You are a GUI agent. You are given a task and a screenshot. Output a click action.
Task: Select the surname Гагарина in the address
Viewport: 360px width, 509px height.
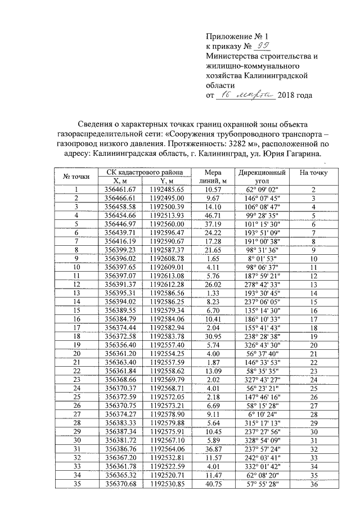tap(301, 153)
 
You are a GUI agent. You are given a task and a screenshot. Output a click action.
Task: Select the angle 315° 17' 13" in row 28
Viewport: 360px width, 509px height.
tap(263, 438)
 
